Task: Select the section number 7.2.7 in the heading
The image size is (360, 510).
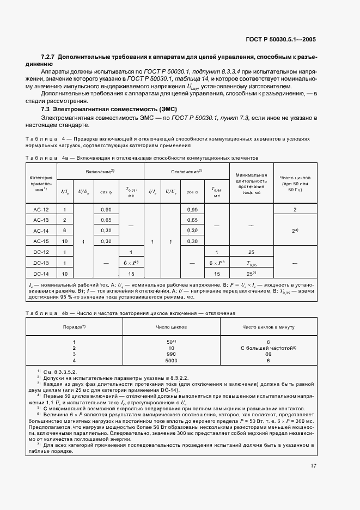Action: (x=50, y=57)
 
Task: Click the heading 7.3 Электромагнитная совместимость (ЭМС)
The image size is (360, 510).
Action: (x=101, y=109)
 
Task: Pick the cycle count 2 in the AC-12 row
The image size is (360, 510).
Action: (x=295, y=210)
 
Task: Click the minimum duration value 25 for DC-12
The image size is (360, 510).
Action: (x=251, y=252)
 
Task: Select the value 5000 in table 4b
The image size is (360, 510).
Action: (x=171, y=360)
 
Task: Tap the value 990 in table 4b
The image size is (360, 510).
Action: (x=171, y=354)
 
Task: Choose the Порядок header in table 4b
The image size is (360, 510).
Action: (x=74, y=327)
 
